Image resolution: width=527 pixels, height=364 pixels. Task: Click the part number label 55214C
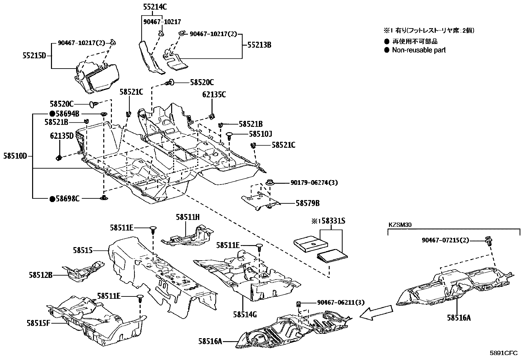pyautogui.click(x=155, y=6)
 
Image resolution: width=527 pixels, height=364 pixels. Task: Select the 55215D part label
pyautogui.click(x=34, y=56)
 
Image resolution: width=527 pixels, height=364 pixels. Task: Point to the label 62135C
pyautogui.click(x=214, y=95)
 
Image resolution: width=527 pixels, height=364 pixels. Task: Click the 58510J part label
pyautogui.click(x=260, y=134)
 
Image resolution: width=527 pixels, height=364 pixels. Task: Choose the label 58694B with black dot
pyautogui.click(x=65, y=114)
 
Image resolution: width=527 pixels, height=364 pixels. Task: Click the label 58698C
pyautogui.click(x=65, y=199)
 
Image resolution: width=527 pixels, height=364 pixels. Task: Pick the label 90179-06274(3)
pyautogui.click(x=314, y=182)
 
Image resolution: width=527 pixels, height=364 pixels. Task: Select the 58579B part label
pyautogui.click(x=308, y=203)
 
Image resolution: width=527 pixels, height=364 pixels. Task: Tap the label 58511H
pyautogui.click(x=188, y=217)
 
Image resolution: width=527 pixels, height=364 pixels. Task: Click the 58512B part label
pyautogui.click(x=41, y=275)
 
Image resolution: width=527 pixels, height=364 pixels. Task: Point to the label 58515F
pyautogui.click(x=38, y=322)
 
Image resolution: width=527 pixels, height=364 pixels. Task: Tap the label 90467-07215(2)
pyautogui.click(x=445, y=240)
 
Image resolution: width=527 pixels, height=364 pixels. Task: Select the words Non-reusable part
pyautogui.click(x=419, y=50)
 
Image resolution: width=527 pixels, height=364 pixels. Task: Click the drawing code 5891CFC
pyautogui.click(x=503, y=353)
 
